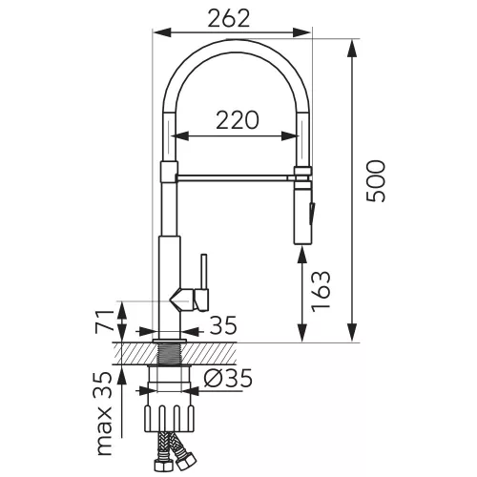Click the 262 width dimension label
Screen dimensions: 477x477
229,18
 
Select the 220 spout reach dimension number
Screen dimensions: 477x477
238,120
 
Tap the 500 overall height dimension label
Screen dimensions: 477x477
376,181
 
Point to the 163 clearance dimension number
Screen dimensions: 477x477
321,292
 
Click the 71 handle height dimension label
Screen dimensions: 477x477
105,321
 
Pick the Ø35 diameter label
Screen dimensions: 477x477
228,378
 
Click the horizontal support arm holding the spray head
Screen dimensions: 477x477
236,177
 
